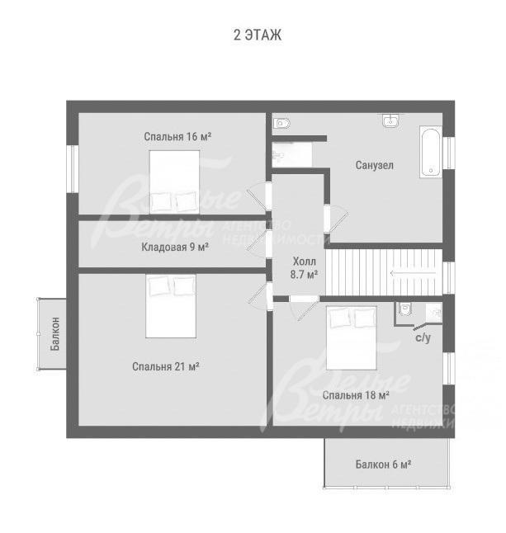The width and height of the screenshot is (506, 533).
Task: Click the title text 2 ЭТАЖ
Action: [x=258, y=35]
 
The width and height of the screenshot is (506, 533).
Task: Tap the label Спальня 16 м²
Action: [x=177, y=136]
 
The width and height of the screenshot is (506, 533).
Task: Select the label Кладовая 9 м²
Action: [x=175, y=247]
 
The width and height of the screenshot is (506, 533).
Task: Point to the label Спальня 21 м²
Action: [x=166, y=366]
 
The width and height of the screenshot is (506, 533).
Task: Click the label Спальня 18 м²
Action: [x=356, y=395]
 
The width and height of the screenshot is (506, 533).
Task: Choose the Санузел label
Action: [x=375, y=165]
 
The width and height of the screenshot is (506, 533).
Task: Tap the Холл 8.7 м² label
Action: [x=304, y=268]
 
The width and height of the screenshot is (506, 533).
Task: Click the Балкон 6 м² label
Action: [x=383, y=464]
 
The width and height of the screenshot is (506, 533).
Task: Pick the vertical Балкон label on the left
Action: [x=54, y=333]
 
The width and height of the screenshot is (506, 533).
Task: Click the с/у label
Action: [x=423, y=337]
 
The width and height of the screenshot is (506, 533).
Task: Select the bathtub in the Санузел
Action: [x=431, y=152]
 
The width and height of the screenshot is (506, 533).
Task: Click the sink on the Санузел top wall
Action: [x=390, y=120]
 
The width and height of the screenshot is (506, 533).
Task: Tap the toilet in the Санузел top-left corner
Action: [x=281, y=123]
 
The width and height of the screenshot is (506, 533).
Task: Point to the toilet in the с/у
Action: [x=404, y=309]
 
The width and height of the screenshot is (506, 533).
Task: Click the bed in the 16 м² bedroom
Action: [x=174, y=182]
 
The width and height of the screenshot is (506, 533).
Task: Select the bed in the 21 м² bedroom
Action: [x=171, y=306]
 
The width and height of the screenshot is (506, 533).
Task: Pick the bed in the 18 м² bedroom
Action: [x=352, y=338]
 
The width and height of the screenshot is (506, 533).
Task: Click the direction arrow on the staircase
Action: [x=413, y=273]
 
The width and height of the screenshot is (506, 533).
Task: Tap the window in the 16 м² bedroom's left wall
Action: [x=73, y=169]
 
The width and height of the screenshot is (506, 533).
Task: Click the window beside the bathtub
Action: [x=448, y=153]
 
